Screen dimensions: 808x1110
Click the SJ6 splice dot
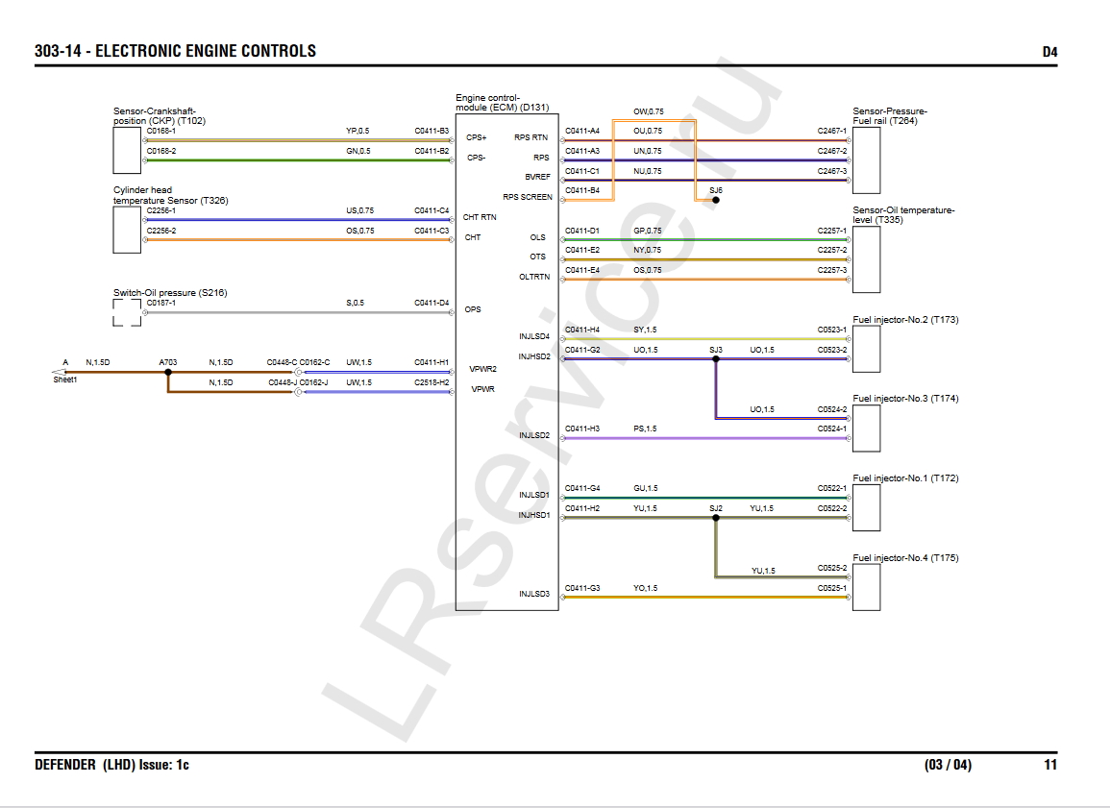716,201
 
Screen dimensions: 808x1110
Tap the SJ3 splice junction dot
716,359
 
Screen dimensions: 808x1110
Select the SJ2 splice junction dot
716,518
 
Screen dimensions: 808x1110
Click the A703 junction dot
168,372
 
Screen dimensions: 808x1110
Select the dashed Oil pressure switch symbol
127,312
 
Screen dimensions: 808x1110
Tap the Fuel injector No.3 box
866,428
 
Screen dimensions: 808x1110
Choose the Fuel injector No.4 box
866,587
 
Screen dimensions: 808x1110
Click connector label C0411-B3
432,131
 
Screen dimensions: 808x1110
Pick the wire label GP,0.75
647,231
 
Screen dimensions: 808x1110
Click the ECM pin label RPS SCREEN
528,197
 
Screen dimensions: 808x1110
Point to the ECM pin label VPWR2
482,369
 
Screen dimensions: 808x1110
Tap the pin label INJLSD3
533,594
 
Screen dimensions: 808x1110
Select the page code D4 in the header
1049,52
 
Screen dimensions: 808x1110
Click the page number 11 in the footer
1050,765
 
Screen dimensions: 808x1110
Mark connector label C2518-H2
432,382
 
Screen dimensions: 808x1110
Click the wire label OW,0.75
648,111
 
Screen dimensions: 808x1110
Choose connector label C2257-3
831,270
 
